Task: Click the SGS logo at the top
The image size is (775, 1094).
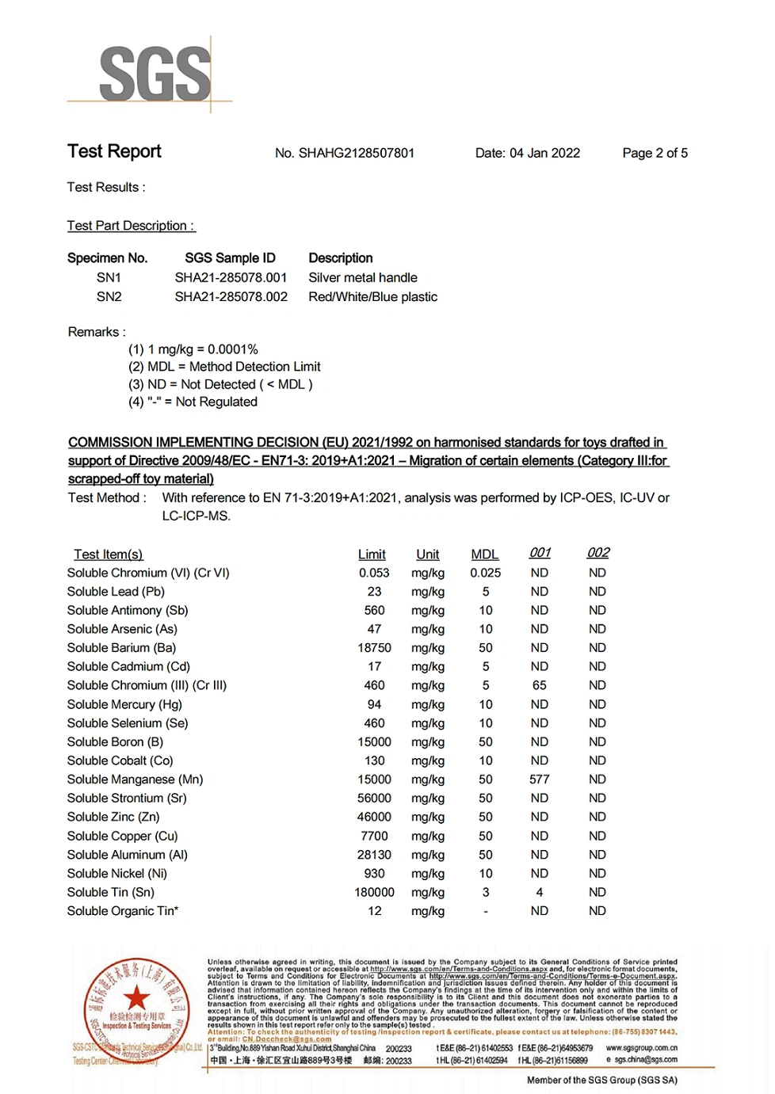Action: point(155,74)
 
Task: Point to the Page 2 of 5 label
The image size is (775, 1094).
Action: point(655,154)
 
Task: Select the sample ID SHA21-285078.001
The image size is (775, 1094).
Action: point(231,278)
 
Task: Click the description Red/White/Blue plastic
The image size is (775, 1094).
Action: point(372,297)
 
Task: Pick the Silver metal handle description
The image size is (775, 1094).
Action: point(362,278)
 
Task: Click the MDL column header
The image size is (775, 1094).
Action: point(485,555)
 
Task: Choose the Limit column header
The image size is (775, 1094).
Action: point(372,555)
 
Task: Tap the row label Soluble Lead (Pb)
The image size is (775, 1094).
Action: point(116,592)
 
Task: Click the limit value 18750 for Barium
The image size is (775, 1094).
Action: point(374,648)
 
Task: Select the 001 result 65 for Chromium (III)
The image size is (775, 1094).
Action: point(540,685)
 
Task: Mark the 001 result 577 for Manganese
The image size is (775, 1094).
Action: point(540,780)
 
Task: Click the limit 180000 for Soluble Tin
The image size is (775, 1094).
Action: point(374,893)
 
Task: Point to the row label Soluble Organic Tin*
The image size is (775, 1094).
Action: point(123,911)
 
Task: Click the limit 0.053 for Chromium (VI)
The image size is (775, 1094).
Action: point(374,573)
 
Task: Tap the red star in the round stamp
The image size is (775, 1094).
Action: point(136,997)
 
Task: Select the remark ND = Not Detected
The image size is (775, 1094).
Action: point(220,385)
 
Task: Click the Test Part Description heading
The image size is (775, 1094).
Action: point(131,227)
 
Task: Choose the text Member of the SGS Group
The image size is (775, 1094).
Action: point(602,1080)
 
